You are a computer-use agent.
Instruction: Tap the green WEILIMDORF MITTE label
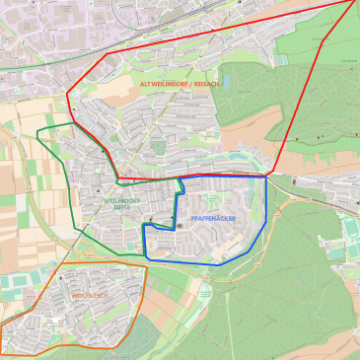[122, 203]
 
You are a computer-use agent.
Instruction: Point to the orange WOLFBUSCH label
[89, 295]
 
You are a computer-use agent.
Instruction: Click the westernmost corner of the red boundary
[67, 95]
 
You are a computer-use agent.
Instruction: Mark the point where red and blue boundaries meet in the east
[268, 176]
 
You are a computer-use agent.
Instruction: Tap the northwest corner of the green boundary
[37, 128]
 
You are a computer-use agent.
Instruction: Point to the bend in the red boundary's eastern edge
[323, 41]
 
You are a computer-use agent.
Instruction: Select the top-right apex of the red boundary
[355, 1]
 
